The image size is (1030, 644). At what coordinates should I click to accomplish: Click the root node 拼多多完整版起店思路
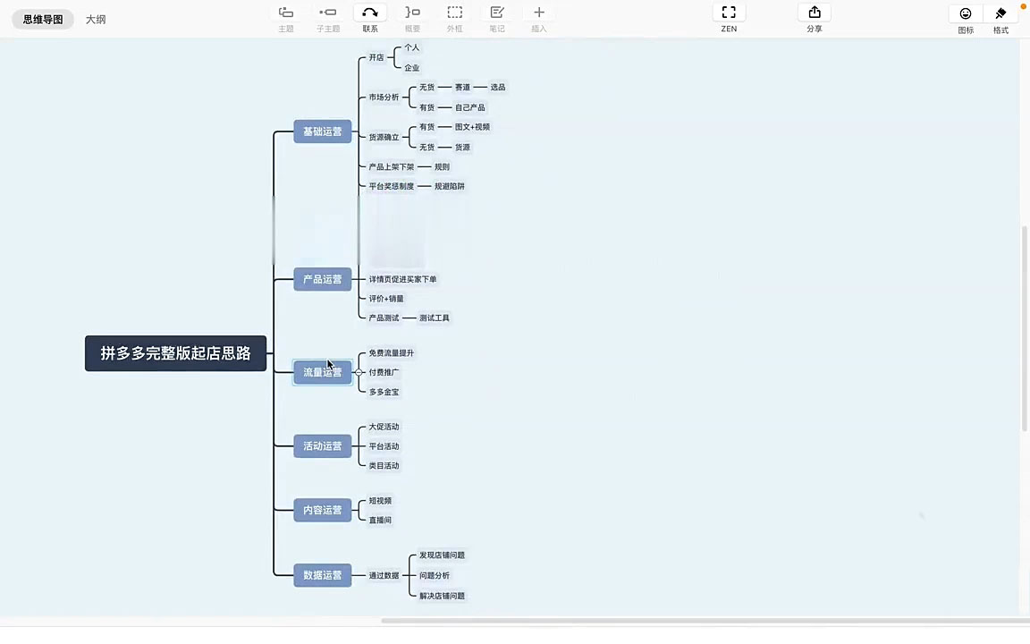coord(175,353)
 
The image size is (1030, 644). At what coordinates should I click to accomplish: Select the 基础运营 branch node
coord(322,131)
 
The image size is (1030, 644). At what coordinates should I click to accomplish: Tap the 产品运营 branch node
coord(322,279)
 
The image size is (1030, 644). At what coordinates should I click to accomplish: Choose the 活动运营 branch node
coord(322,445)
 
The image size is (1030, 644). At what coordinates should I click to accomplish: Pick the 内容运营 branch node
coord(322,510)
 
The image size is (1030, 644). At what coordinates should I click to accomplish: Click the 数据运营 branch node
coord(322,575)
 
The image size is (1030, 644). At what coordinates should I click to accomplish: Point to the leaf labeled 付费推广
coord(384,372)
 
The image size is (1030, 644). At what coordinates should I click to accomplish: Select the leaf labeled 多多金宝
coord(384,392)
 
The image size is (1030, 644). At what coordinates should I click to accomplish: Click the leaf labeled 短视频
coord(380,501)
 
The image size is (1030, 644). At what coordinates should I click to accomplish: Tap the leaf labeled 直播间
coord(380,520)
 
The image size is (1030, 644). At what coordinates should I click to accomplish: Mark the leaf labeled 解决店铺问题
coord(442,596)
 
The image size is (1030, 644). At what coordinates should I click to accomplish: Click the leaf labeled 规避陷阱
coord(450,186)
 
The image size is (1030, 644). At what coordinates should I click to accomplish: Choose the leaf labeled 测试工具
coord(435,318)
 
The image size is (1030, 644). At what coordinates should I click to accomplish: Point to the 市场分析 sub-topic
coord(384,97)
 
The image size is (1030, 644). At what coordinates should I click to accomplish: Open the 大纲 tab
coord(96,19)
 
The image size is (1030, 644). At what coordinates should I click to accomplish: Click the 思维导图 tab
coord(43,19)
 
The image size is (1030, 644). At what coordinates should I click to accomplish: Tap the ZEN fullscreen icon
coord(729,13)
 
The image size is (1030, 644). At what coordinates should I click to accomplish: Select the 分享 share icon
coord(814,13)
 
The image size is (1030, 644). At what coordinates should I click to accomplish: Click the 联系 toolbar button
coord(370,13)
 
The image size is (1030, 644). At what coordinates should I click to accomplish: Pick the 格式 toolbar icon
coord(1000,13)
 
